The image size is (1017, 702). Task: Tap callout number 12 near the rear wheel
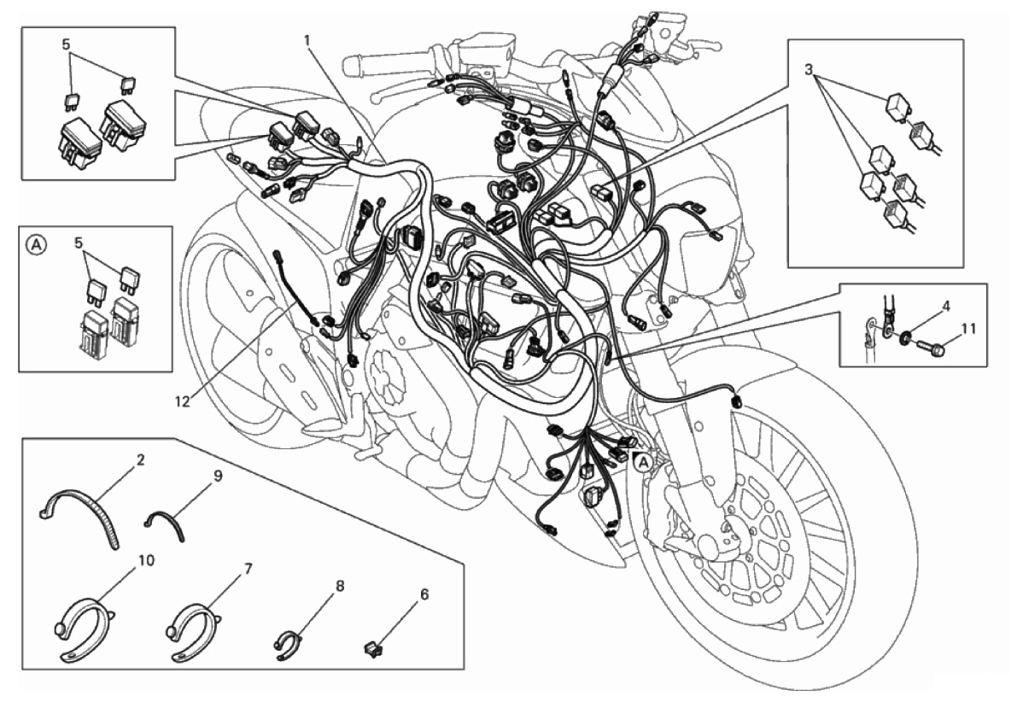coord(182,402)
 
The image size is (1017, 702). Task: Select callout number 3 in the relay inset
coord(809,69)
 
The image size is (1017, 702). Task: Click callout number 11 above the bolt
coord(967,329)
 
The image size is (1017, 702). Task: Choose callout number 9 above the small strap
coord(218,476)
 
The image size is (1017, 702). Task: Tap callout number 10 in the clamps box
coord(147,559)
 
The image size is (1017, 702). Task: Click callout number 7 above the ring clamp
coord(248,569)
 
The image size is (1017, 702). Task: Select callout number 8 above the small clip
coord(340,586)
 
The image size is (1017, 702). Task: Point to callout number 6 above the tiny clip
coord(424,594)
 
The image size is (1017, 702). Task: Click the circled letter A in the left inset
coord(37,244)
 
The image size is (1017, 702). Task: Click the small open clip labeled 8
coord(287,644)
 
